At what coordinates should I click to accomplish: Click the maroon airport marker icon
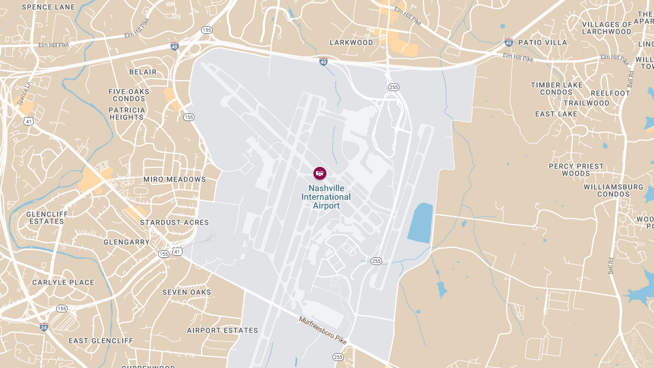(320, 173)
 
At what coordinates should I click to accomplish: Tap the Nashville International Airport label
(326, 197)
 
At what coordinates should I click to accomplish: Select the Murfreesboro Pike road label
(323, 329)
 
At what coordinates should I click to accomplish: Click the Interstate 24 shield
(44, 327)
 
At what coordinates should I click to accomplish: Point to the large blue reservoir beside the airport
(420, 223)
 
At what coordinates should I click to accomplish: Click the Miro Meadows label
(174, 179)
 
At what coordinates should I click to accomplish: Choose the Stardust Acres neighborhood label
(174, 222)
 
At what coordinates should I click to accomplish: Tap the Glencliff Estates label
(47, 218)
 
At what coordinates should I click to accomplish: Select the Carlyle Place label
(63, 282)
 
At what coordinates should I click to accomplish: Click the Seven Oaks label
(187, 292)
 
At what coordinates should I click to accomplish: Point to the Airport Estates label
(222, 330)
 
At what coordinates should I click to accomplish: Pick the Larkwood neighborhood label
(352, 43)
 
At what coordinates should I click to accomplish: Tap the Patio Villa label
(542, 42)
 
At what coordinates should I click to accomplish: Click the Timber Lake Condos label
(556, 88)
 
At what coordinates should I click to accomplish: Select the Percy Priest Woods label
(576, 170)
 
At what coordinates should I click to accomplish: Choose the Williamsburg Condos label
(613, 190)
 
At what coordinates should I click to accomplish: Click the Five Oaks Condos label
(129, 95)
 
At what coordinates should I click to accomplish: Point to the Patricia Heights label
(127, 113)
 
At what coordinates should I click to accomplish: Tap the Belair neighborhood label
(143, 72)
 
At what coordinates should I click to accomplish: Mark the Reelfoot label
(610, 93)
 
